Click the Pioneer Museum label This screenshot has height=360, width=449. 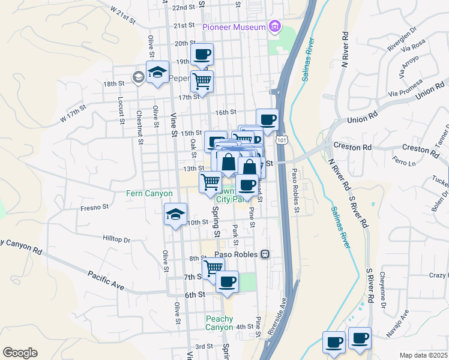point(234,27)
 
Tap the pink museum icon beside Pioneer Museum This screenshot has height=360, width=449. point(275,26)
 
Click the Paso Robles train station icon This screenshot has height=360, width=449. point(265,254)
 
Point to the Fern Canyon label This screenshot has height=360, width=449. point(149,194)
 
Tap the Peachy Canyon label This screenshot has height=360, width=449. point(218,323)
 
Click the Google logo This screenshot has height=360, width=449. point(20,353)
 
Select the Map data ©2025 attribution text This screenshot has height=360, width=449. point(424,355)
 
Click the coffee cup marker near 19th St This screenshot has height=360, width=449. point(202,55)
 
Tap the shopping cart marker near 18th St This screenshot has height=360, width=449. point(202,80)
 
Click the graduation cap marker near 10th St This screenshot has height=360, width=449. point(175,214)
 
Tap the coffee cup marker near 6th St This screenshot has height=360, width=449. point(227,281)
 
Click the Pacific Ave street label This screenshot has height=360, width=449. point(106,281)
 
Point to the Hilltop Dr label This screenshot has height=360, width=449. point(116,239)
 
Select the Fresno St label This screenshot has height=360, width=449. point(94,207)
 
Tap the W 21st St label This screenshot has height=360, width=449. point(124,15)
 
